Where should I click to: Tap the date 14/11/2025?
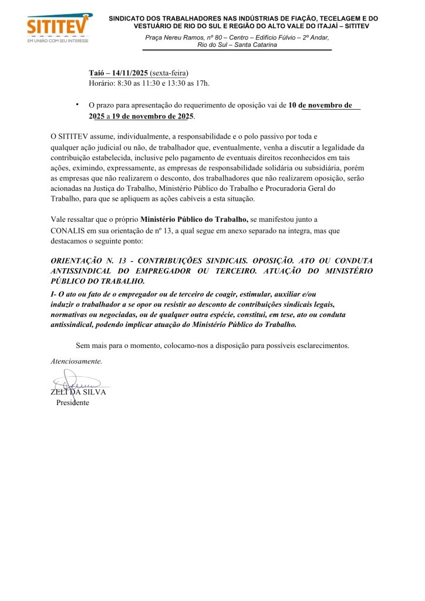coord(130,73)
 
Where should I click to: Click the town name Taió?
coord(97,73)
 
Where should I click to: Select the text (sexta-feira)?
coord(169,73)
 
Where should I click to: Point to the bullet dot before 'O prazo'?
coord(77,104)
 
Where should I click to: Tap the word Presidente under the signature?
coord(72,403)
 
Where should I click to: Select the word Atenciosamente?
coord(76,361)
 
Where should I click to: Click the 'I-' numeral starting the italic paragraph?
coord(54,293)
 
